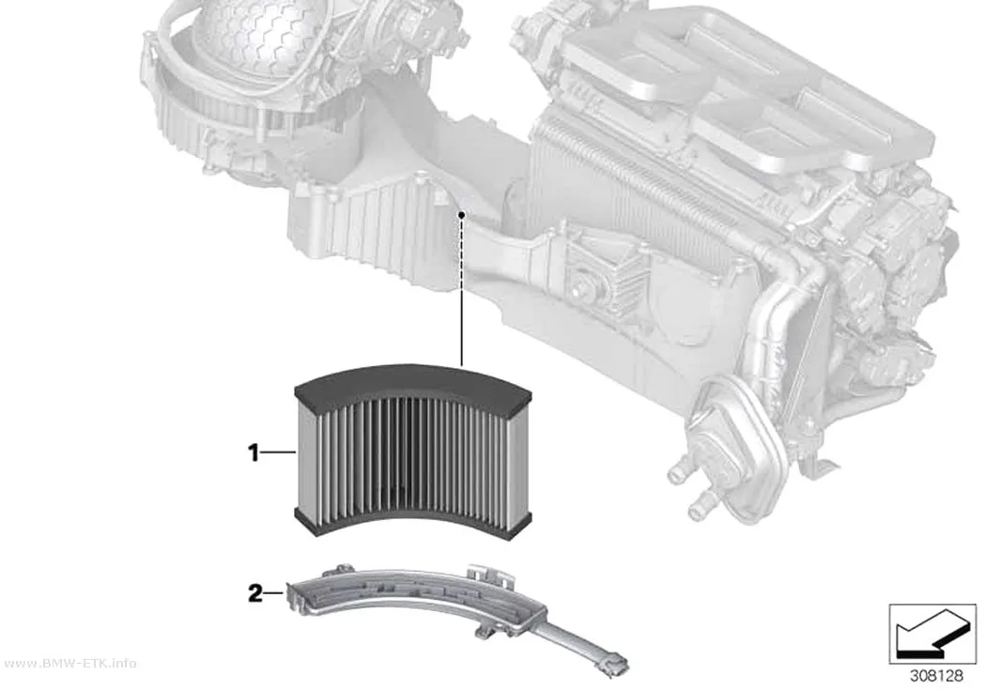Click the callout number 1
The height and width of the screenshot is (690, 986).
tap(254, 452)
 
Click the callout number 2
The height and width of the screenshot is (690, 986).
tap(254, 593)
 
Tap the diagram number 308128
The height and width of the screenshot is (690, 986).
tap(936, 676)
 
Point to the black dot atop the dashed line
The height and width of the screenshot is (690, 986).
tap(462, 215)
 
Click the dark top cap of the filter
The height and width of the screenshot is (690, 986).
tap(413, 382)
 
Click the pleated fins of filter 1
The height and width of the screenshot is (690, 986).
tap(412, 459)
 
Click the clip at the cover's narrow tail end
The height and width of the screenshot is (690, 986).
tap(613, 665)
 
